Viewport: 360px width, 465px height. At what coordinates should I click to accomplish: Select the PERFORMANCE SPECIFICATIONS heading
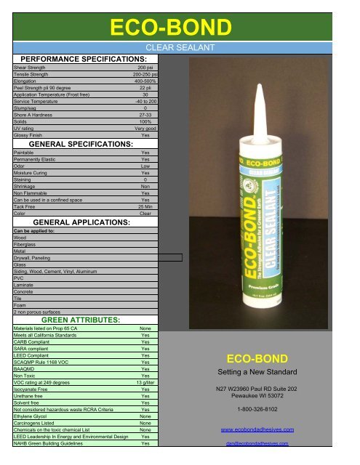84,58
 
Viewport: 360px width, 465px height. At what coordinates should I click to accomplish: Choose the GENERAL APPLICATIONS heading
81,222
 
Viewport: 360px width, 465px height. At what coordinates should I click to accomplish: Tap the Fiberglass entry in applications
26,243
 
